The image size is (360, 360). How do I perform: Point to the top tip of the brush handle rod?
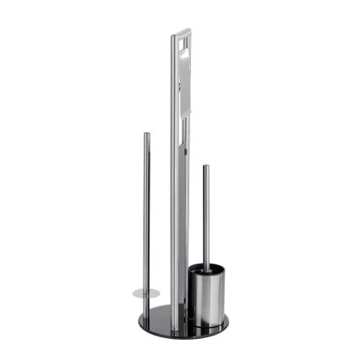205,167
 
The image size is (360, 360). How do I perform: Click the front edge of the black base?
173,333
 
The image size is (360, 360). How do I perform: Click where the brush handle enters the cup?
204,266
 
